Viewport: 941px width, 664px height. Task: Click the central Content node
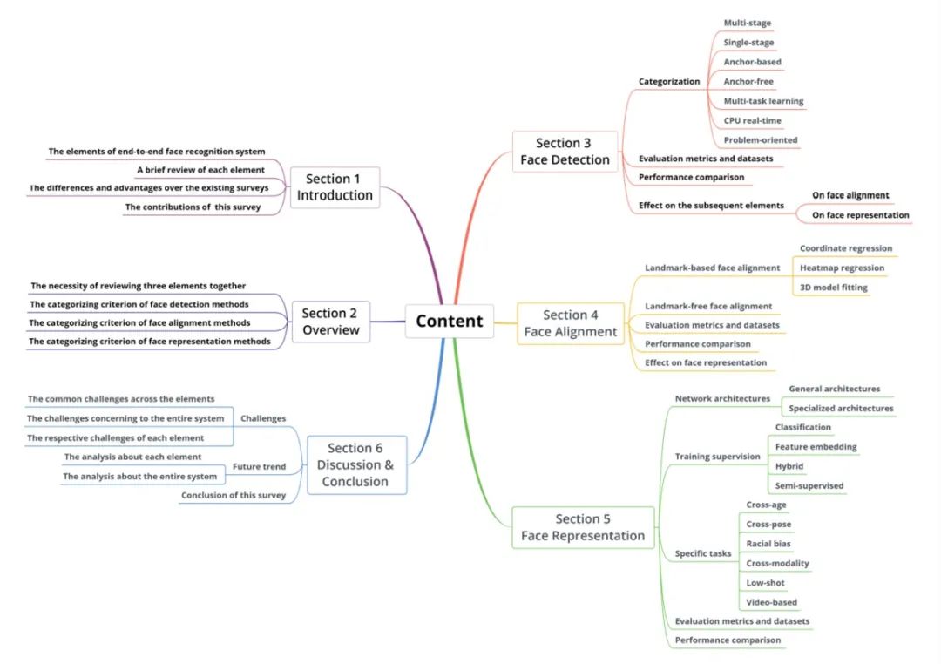[x=450, y=322]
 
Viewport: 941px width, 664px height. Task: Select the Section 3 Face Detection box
[x=565, y=152]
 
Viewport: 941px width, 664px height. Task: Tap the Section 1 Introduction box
[x=335, y=187]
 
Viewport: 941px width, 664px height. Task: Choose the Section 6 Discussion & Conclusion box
[x=356, y=464]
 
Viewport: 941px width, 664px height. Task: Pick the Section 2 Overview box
[x=331, y=322]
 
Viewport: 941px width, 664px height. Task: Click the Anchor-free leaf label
[x=748, y=81]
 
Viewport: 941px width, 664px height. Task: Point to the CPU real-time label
[x=753, y=120]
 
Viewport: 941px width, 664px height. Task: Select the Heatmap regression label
[x=842, y=268]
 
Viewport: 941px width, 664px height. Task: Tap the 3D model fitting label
[x=834, y=288]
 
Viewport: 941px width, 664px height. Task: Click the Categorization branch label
[x=669, y=82]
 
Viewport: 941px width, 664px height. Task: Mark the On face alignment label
[x=850, y=195]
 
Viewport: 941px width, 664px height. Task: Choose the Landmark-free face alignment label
[x=708, y=306]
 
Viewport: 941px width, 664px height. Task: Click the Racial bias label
[x=768, y=544]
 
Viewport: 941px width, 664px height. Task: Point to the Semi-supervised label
[x=809, y=485]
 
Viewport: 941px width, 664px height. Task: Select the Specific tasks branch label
[x=703, y=553]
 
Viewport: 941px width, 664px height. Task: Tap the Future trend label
[x=260, y=466]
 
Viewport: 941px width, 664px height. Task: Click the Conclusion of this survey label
[x=234, y=495]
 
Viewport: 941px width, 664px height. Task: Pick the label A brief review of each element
[x=200, y=170]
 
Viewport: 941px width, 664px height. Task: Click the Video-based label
[x=772, y=602]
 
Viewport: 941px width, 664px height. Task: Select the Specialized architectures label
[x=841, y=408]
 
